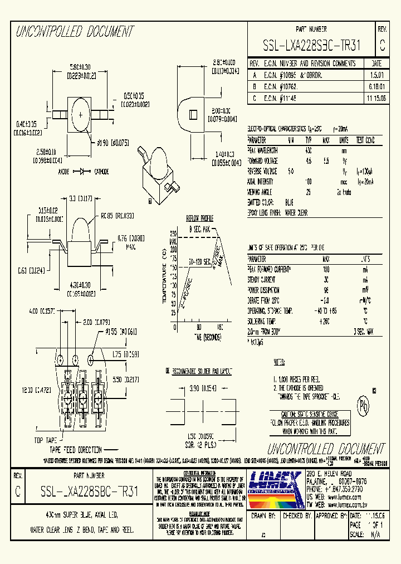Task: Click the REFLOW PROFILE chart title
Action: click(x=199, y=218)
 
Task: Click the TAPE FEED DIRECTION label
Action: click(x=75, y=449)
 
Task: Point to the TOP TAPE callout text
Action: click(x=46, y=440)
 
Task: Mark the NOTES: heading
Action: click(x=280, y=363)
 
